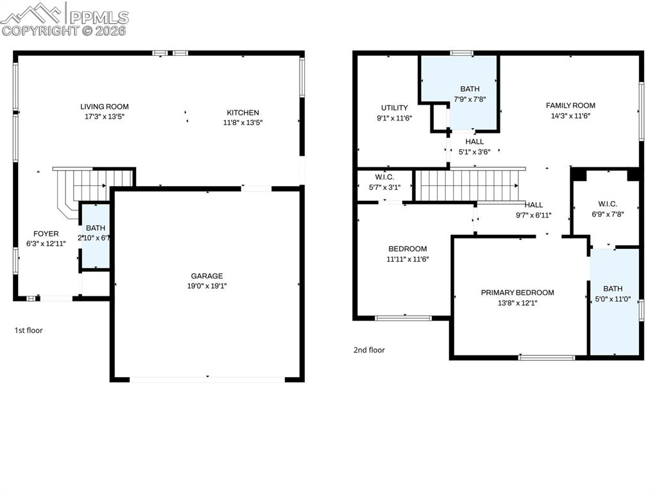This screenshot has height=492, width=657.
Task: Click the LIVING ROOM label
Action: pyautogui.click(x=105, y=106)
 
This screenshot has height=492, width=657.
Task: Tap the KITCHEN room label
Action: pyautogui.click(x=243, y=112)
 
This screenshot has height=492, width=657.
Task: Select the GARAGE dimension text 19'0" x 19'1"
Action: pyautogui.click(x=207, y=286)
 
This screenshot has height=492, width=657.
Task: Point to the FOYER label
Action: pyautogui.click(x=46, y=233)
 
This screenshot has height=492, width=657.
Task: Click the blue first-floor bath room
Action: pyautogui.click(x=96, y=235)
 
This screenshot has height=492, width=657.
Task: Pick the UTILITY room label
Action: pyautogui.click(x=395, y=108)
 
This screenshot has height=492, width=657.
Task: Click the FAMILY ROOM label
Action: pyautogui.click(x=570, y=106)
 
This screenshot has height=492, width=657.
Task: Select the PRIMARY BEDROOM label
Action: pyautogui.click(x=518, y=293)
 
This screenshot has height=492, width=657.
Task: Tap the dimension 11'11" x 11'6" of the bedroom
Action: pyautogui.click(x=407, y=259)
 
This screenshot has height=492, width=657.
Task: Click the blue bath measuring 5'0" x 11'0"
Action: pyautogui.click(x=615, y=301)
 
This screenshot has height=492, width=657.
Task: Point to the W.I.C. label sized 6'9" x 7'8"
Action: pyautogui.click(x=608, y=204)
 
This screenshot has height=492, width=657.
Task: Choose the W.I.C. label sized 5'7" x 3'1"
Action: pyautogui.click(x=385, y=177)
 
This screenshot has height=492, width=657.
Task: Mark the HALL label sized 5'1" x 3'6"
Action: pyautogui.click(x=474, y=142)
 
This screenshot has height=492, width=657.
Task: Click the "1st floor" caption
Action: pyautogui.click(x=28, y=330)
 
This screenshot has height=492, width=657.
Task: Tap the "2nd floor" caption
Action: pyautogui.click(x=369, y=350)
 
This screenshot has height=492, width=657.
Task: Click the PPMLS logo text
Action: pyautogui.click(x=99, y=17)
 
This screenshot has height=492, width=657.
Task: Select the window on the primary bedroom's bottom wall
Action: pyautogui.click(x=547, y=357)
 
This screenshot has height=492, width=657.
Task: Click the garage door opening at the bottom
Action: pyautogui.click(x=207, y=380)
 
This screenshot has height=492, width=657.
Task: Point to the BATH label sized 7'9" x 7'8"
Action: pyautogui.click(x=470, y=89)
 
